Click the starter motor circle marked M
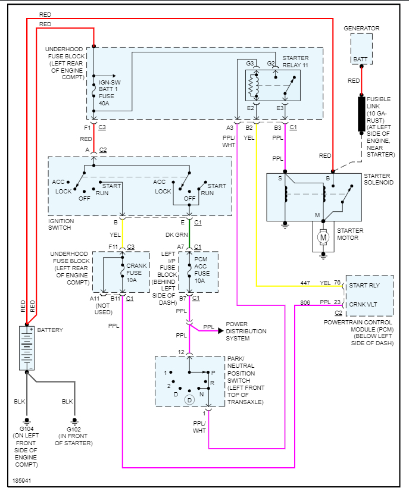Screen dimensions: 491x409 [324, 237]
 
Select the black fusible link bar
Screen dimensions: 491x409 [361, 113]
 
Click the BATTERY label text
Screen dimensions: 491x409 [50, 330]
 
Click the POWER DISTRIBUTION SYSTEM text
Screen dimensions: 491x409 [246, 331]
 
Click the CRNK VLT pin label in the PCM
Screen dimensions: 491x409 [364, 304]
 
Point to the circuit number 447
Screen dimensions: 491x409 [305, 283]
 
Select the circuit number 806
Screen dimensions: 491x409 [305, 302]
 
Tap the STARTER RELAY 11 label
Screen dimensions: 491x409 [295, 61]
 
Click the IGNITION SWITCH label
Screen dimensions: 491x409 [61, 224]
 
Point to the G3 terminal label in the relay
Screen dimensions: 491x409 [250, 64]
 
